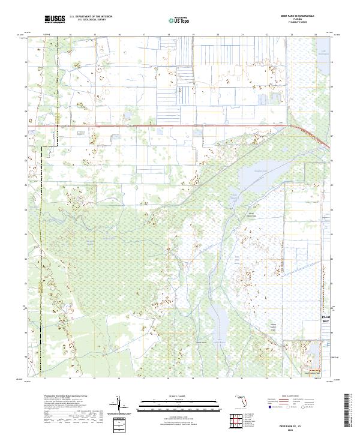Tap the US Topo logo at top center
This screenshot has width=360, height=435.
click(179, 20)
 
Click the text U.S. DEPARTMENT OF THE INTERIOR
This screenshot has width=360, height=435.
click(91, 17)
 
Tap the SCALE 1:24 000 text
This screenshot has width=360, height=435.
click(179, 397)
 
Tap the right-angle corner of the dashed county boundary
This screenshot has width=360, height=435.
click(40, 146)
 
